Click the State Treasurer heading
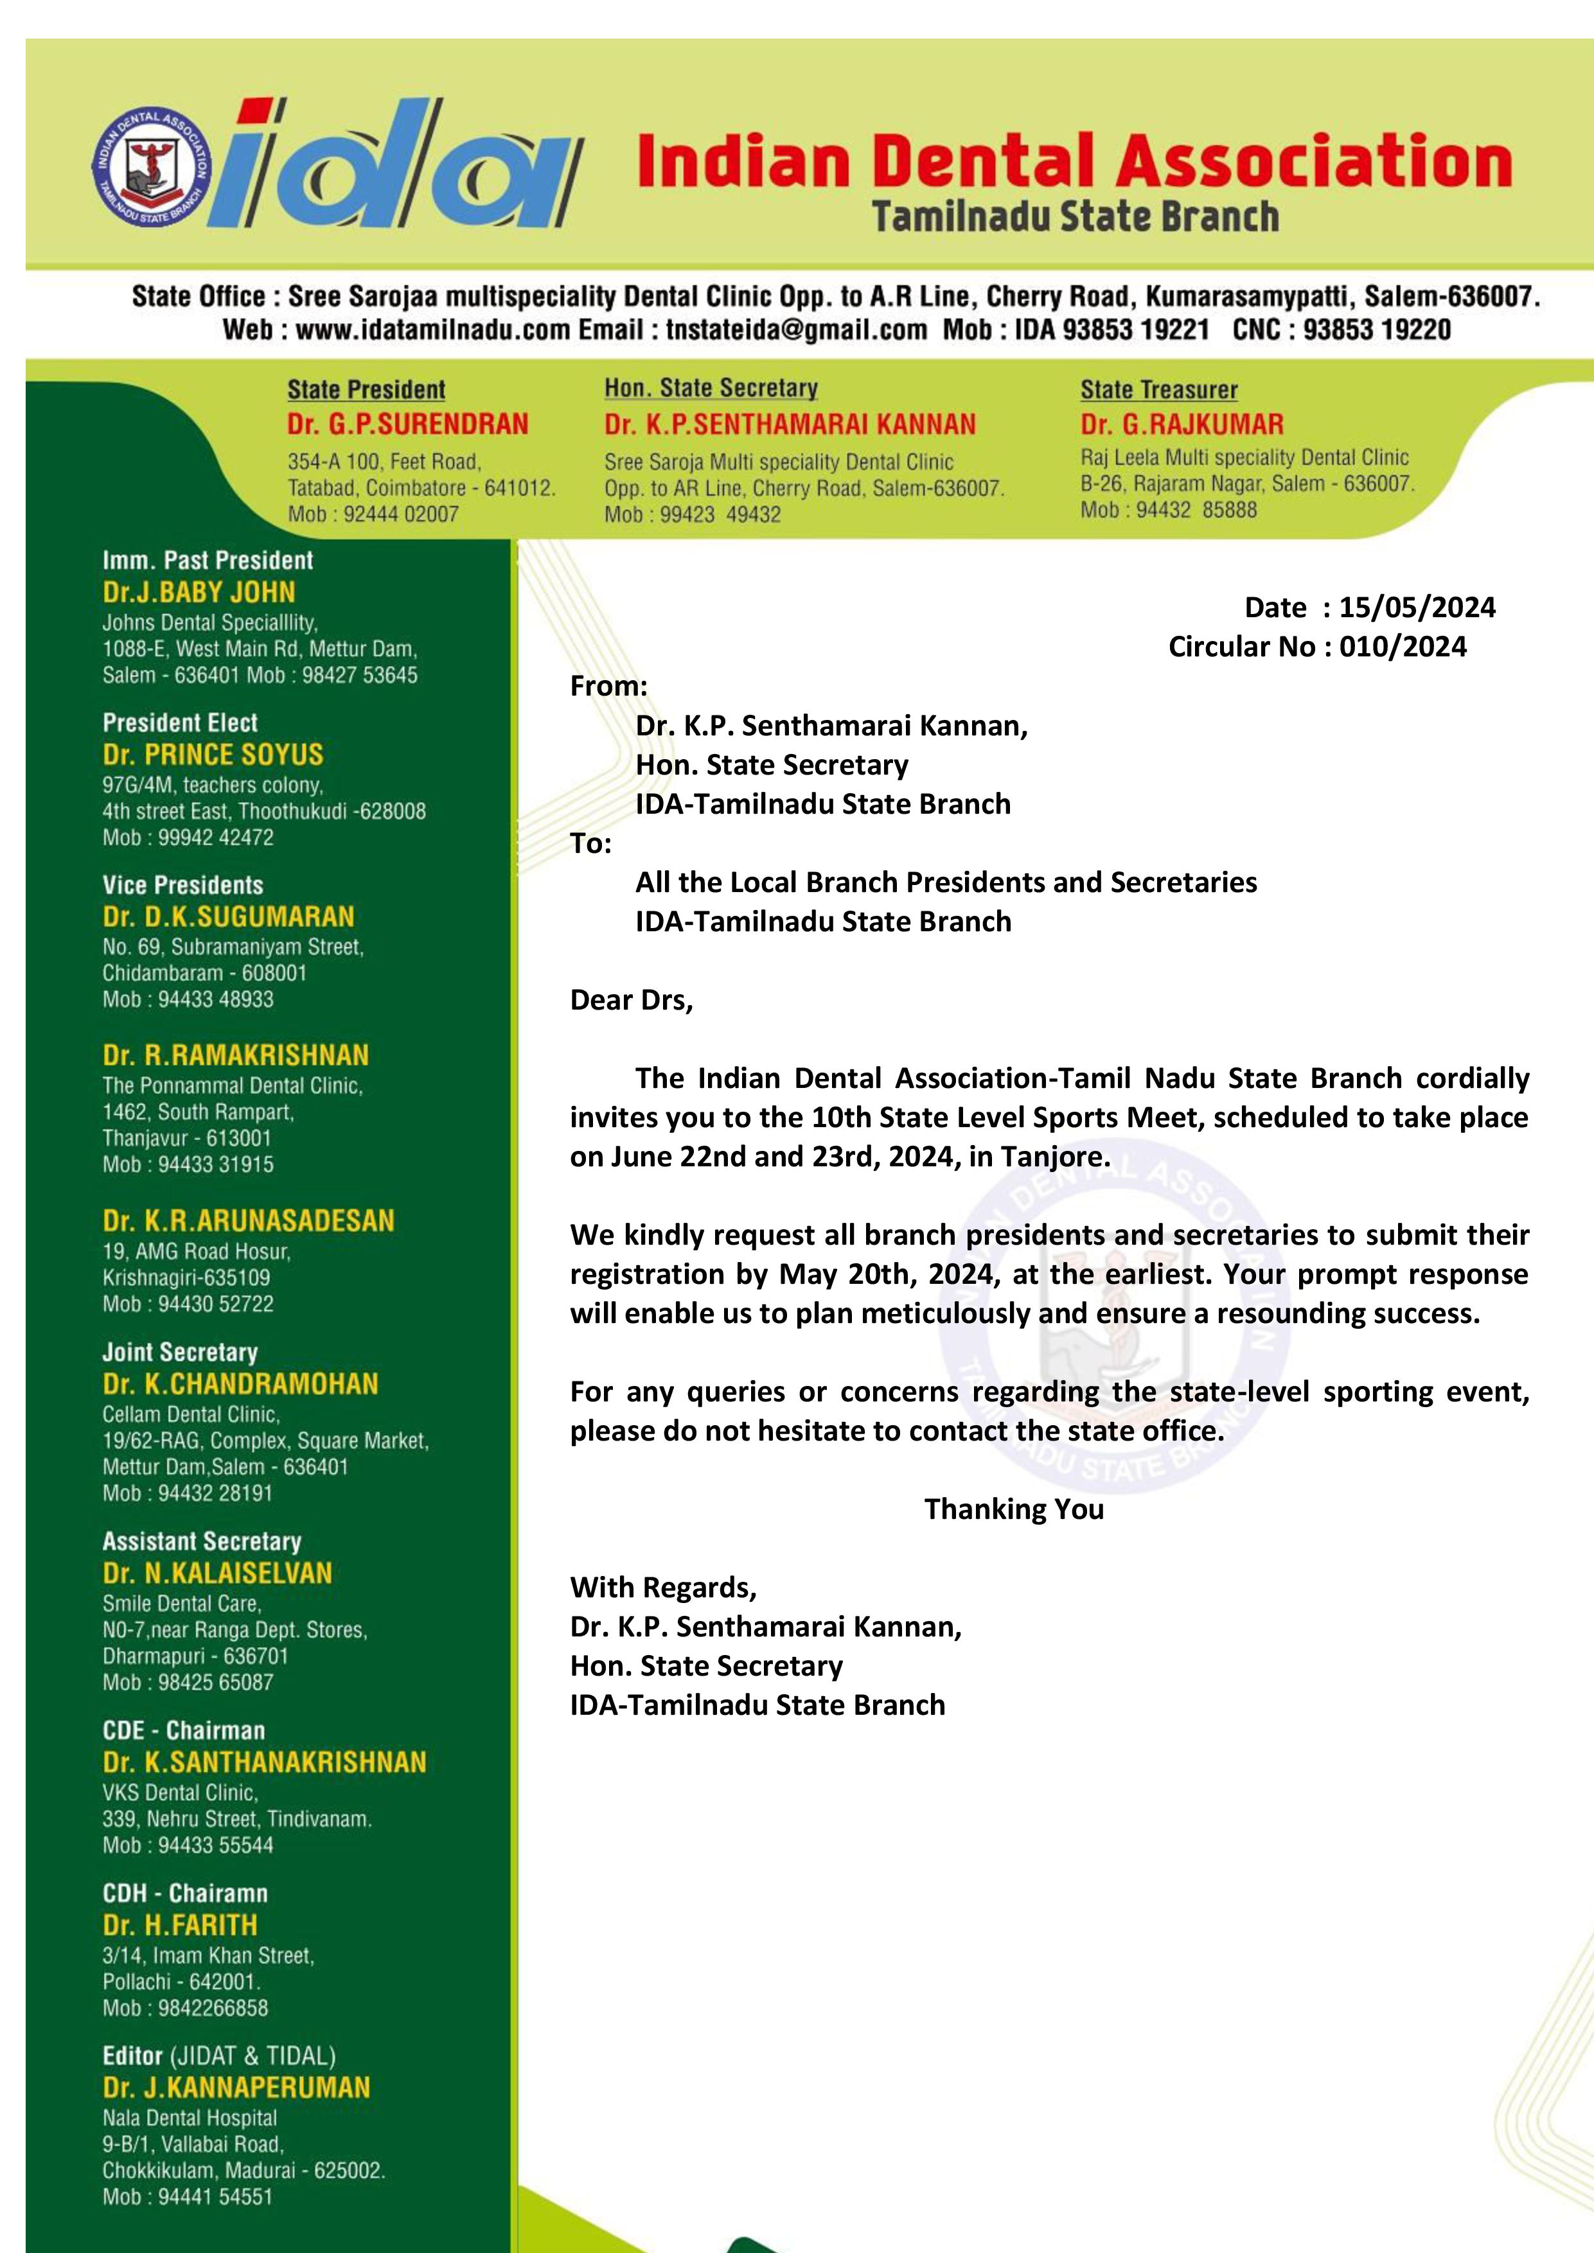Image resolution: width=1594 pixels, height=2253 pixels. pos(1158,390)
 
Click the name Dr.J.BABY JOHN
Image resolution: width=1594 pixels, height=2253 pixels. pos(199,593)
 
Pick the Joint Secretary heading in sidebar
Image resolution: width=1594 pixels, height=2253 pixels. pos(180,1352)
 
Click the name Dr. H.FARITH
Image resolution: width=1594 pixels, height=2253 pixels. pos(180,1925)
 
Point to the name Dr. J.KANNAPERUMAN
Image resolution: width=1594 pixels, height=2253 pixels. pos(236,2087)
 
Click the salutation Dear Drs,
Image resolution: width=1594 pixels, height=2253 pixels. pos(631,1000)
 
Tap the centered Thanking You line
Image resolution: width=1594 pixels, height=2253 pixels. pos(1014,1509)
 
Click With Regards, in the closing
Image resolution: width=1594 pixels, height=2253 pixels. pos(662,1588)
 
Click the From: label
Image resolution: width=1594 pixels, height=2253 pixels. pos(608,686)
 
